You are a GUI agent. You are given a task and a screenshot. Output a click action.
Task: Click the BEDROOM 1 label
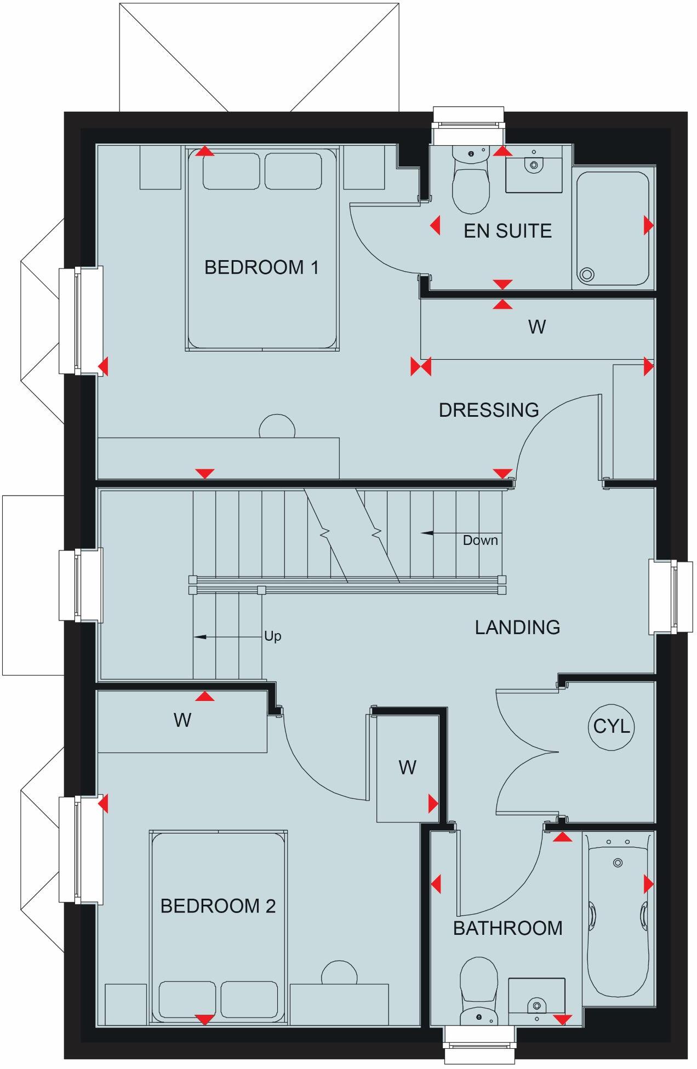pyautogui.click(x=261, y=267)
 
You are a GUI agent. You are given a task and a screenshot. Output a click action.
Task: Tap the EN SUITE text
pyautogui.click(x=507, y=231)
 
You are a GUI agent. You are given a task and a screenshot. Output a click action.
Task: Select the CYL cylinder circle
pyautogui.click(x=612, y=726)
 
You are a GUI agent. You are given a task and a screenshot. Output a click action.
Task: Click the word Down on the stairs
pyautogui.click(x=480, y=541)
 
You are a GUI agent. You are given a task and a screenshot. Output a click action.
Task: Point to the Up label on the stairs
pyautogui.click(x=272, y=636)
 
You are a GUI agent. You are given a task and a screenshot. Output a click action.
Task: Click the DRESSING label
pyautogui.click(x=489, y=410)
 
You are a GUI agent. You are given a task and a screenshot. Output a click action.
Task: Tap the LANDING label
pyautogui.click(x=517, y=627)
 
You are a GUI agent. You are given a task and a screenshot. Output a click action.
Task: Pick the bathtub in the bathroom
pyautogui.click(x=618, y=920)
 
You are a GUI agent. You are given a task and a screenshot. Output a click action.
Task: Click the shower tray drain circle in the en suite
pyautogui.click(x=587, y=273)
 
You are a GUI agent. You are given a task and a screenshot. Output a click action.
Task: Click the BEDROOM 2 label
pyautogui.click(x=218, y=906)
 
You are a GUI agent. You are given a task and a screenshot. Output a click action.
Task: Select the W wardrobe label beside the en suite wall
pyautogui.click(x=537, y=327)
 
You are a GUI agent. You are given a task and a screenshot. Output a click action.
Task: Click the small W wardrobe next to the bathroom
pyautogui.click(x=407, y=767)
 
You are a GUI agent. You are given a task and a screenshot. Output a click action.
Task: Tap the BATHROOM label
pyautogui.click(x=507, y=928)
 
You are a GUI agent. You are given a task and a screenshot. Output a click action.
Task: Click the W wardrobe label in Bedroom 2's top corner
pyautogui.click(x=182, y=720)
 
